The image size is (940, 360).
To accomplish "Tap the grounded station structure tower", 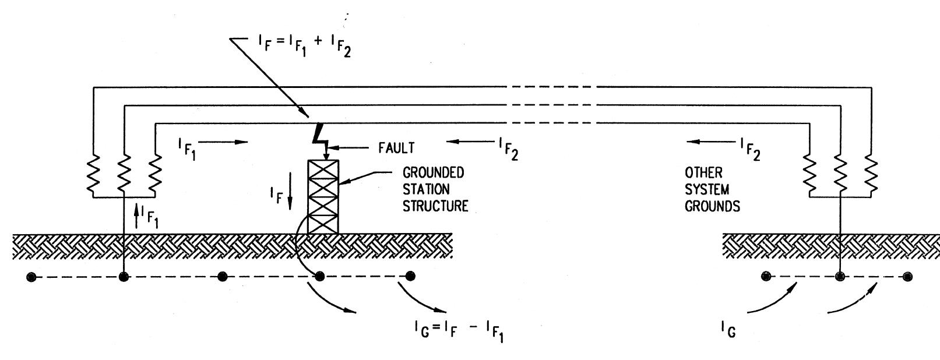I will tap(322, 196).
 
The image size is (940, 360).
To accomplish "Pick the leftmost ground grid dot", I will tap(32, 277).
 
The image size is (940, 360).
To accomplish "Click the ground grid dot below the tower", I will tap(319, 276).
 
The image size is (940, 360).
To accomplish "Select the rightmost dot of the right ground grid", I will tap(907, 277).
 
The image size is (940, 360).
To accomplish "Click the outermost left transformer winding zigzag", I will tap(93, 172).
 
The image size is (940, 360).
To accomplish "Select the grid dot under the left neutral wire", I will tap(124, 277).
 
